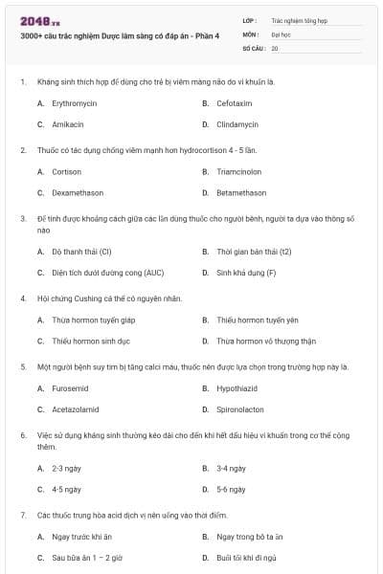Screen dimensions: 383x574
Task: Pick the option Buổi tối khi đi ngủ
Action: (246, 557)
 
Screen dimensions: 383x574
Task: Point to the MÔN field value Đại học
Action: (281, 33)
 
